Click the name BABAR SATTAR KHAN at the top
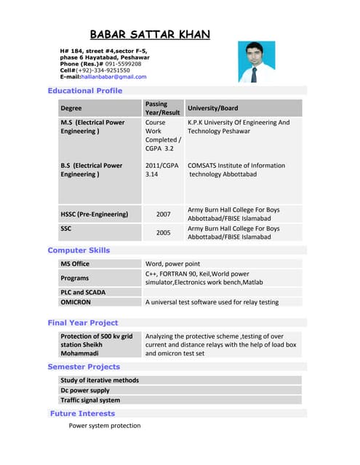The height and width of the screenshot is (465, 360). coord(150,34)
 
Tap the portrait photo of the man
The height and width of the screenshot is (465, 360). coord(257,62)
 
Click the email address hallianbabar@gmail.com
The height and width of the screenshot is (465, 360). coord(113,76)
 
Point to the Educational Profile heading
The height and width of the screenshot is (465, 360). coord(85,91)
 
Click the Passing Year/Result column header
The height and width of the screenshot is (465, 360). coord(162,108)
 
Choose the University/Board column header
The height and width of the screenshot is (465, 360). coord(212,108)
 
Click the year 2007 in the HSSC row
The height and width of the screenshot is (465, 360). coord(163,214)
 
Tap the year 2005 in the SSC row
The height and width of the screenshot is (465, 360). coord(163,233)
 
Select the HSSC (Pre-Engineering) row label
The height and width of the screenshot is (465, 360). coord(95,214)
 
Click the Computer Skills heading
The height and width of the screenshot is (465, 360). coord(79,250)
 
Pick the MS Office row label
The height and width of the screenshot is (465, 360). coord(75,264)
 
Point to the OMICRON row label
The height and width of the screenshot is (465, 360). coord(76,302)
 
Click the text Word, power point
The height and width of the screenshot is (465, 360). coord(172,264)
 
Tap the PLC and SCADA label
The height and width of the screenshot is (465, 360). coord(83,292)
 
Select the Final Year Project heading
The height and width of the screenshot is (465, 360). coord(83,323)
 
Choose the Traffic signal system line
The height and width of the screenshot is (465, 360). coord(90,400)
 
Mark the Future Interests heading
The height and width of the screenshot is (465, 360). coord(82,413)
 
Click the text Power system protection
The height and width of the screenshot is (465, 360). coord(105,426)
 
